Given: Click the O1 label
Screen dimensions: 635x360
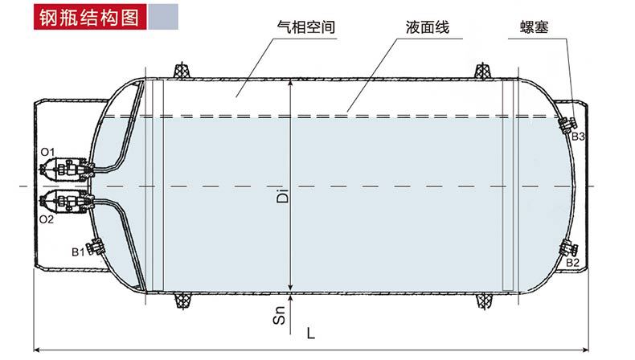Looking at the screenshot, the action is click(x=47, y=152).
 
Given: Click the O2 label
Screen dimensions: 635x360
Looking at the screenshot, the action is click(x=47, y=218).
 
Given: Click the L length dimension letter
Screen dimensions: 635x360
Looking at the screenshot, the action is click(x=310, y=332).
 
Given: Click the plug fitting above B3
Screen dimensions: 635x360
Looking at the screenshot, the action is click(x=568, y=123).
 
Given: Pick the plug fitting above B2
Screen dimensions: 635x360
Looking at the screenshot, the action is click(x=569, y=249).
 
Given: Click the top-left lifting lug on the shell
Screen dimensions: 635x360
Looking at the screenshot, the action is click(x=182, y=71).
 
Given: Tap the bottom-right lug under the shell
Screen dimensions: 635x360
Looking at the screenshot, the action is click(x=485, y=301).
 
